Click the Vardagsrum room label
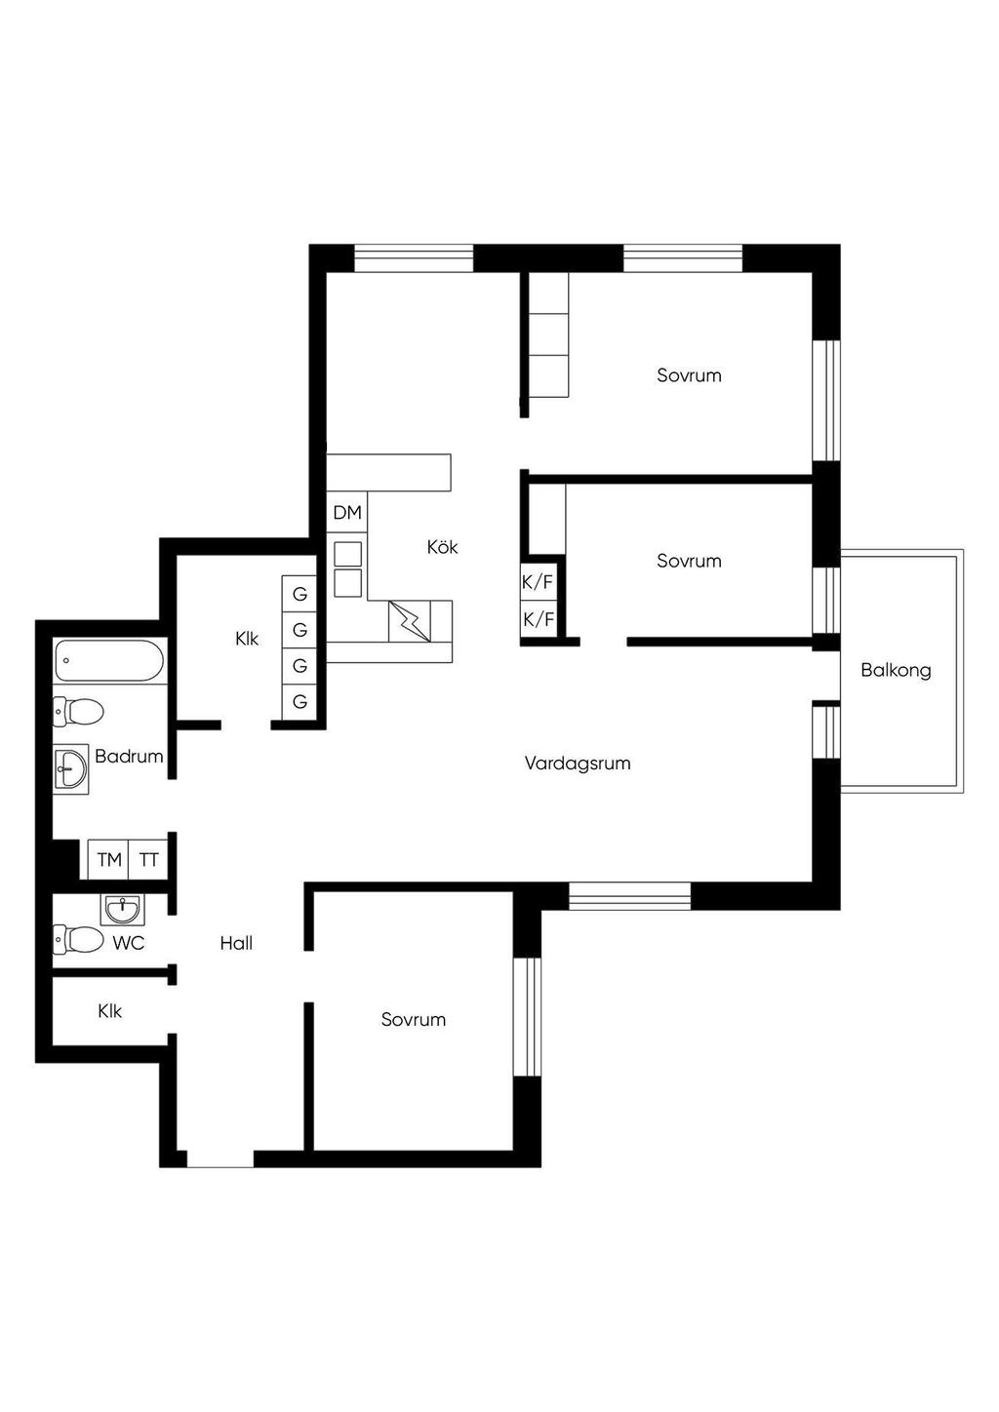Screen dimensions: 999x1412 coord(578,764)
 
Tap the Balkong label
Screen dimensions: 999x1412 coord(896,670)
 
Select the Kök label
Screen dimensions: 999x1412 coord(442,546)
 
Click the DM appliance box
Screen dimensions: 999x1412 coord(347,513)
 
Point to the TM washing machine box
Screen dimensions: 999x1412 coord(108,859)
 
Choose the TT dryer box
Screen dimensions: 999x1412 coord(149,859)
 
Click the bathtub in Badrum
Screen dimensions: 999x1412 coord(109,660)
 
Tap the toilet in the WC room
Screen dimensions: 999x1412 coord(78,940)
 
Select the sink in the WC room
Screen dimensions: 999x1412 coord(122,910)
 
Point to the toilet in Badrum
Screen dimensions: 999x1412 coord(78,712)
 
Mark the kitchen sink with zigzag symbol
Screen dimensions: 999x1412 coord(410,621)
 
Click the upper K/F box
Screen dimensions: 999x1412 coord(538,582)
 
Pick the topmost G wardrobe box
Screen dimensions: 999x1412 coord(300,593)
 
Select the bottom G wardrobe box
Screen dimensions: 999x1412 coord(300,701)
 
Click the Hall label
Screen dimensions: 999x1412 coord(236,943)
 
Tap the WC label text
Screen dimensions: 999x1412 coord(129,943)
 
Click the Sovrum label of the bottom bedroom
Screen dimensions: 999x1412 coord(413,1019)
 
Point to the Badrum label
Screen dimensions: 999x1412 coord(129,756)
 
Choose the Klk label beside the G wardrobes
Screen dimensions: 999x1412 coord(247,639)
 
